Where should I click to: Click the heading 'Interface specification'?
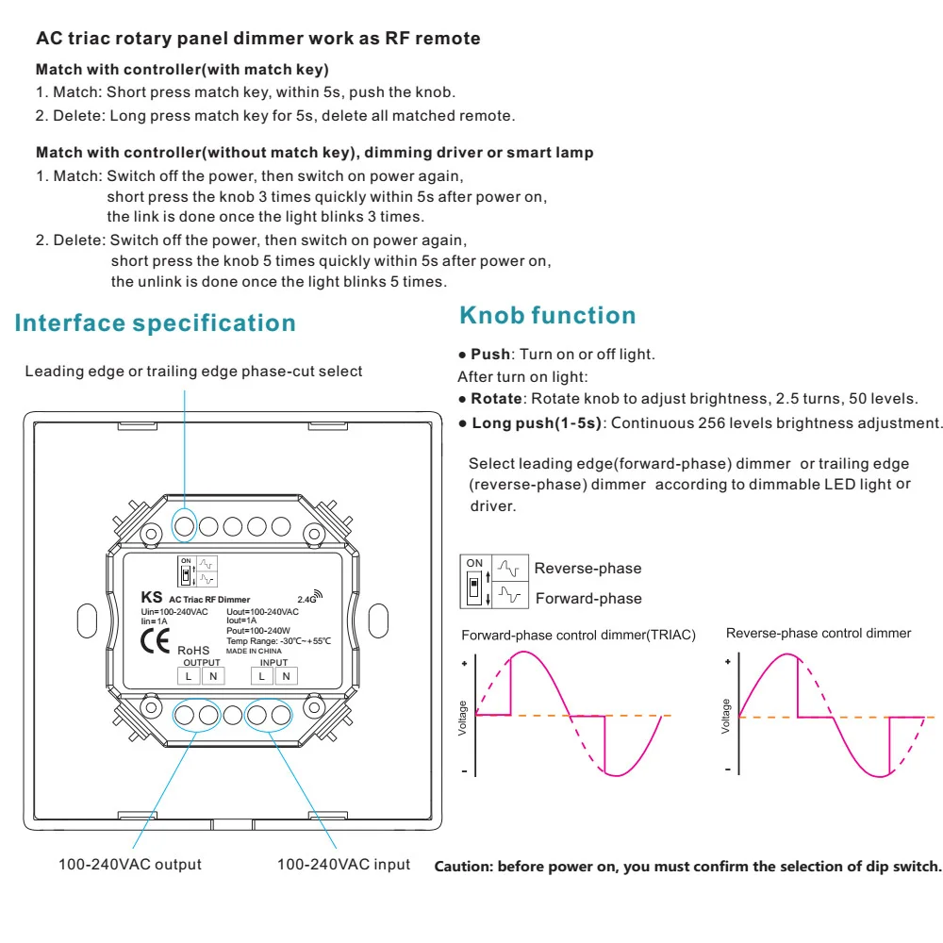156,323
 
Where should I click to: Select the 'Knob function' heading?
547,315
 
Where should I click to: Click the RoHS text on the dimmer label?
195,650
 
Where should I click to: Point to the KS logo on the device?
151,597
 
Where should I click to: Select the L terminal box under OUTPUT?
189,675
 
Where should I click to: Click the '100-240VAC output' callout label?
130,864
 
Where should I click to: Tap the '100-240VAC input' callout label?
343,864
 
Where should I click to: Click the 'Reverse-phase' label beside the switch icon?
587,569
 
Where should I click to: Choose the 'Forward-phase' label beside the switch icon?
588,599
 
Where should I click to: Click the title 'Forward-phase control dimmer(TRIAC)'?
578,636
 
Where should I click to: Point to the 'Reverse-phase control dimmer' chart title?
819,634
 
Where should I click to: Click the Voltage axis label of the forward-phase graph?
462,718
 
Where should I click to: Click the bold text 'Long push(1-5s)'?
536,422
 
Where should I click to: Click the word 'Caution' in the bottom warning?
463,867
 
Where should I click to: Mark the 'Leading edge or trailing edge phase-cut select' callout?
193,372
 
